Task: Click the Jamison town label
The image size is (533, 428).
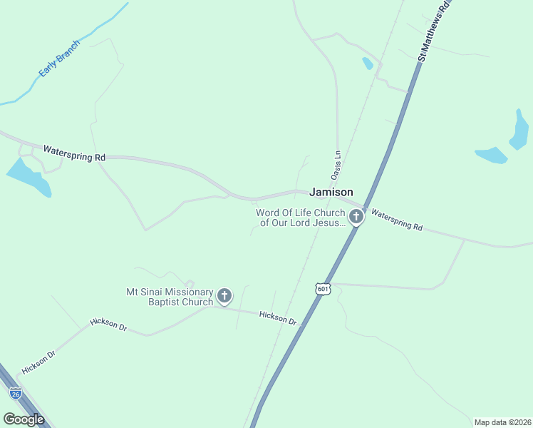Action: pyautogui.click(x=331, y=193)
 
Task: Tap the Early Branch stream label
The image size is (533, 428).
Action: pyautogui.click(x=60, y=58)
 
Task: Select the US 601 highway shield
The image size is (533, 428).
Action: pyautogui.click(x=323, y=288)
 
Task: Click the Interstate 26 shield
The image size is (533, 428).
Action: pyautogui.click(x=16, y=392)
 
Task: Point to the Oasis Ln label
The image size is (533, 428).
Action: pyautogui.click(x=337, y=165)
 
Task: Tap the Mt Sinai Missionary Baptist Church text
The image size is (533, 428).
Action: pyautogui.click(x=170, y=297)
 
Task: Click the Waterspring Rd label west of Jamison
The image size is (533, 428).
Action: pyautogui.click(x=74, y=153)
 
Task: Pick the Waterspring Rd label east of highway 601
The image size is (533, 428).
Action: pyautogui.click(x=397, y=220)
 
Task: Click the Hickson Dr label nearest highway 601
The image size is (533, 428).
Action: pyautogui.click(x=278, y=317)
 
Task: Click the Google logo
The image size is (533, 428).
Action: pyautogui.click(x=24, y=419)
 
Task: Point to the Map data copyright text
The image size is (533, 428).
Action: pyautogui.click(x=502, y=422)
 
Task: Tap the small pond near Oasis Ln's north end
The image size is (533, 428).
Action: pyautogui.click(x=368, y=63)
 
